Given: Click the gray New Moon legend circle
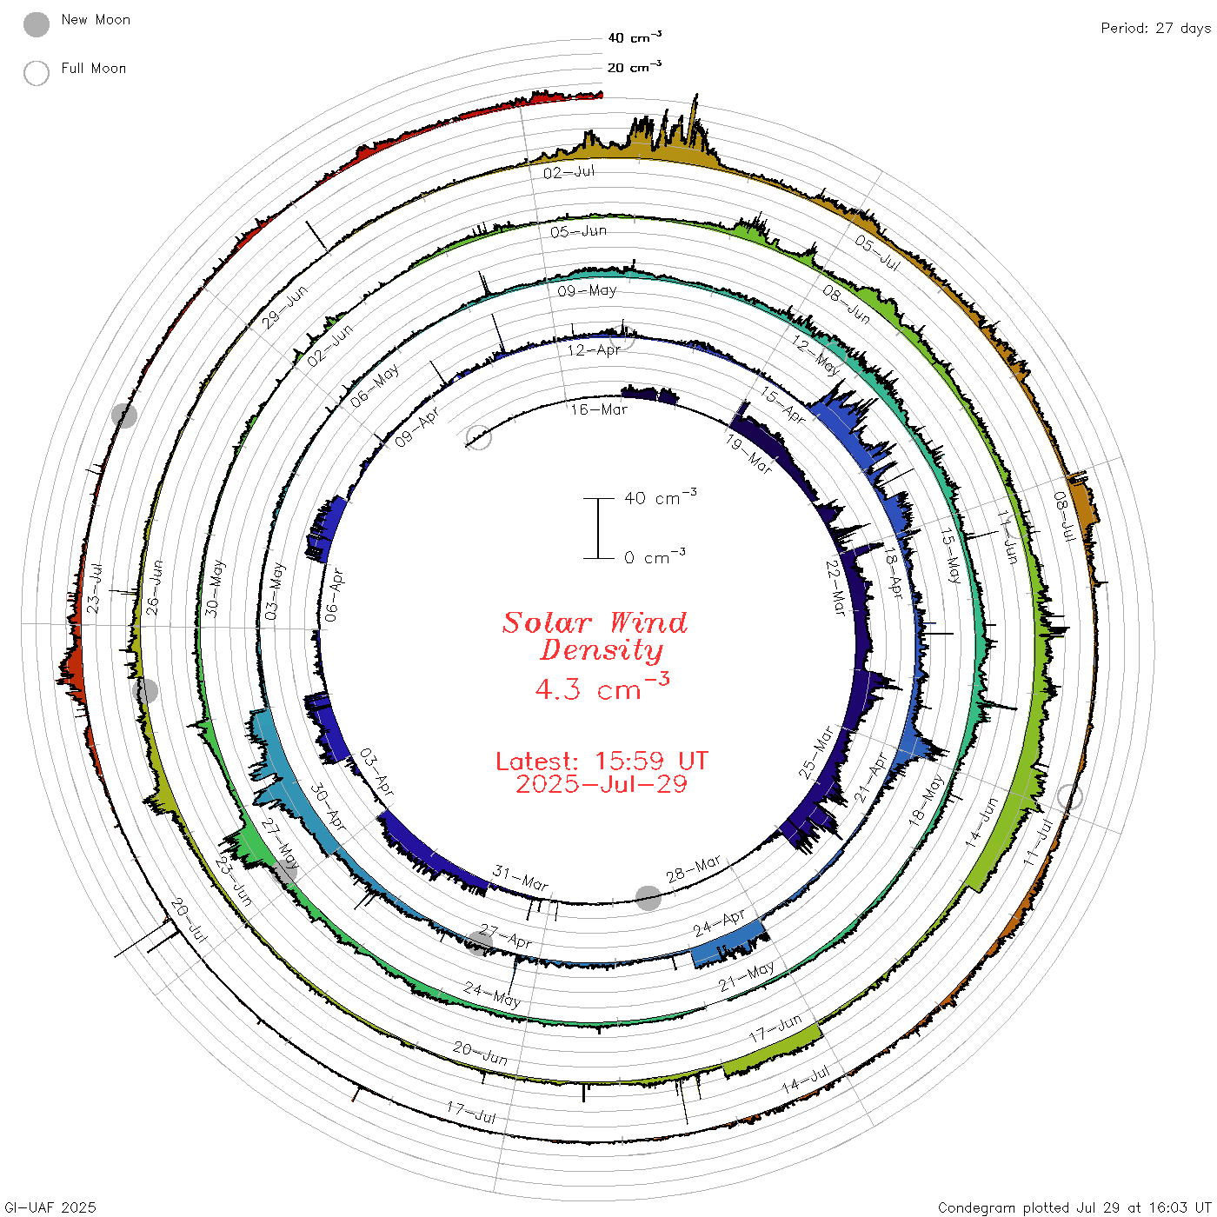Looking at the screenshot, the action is pos(36,24).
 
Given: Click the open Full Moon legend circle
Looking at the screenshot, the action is pos(36,73).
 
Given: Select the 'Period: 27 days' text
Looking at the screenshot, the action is pos(1155,29).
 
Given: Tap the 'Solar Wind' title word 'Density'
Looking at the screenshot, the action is pos(602,650).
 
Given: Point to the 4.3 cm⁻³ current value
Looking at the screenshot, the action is pos(602,687).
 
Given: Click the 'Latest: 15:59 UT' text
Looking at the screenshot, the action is pos(602,761).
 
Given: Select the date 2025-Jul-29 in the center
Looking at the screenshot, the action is pos(602,784).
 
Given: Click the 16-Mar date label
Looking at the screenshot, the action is pos(598,409).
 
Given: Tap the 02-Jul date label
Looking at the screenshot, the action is pos(569,172).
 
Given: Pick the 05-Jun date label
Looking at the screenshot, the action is pos(578,231).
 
